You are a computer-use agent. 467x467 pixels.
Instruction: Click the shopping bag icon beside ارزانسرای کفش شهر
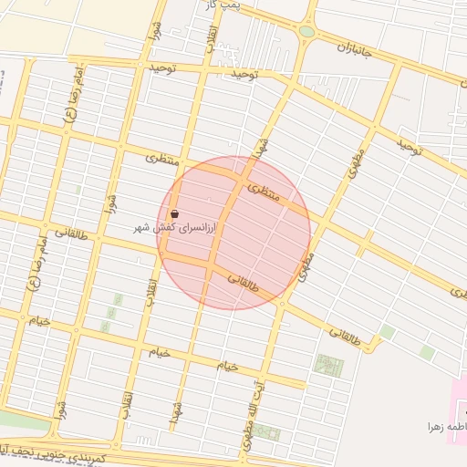coord(174,214)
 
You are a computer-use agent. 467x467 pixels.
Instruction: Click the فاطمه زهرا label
coord(447,426)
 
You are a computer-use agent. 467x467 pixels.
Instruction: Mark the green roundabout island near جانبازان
coord(306,32)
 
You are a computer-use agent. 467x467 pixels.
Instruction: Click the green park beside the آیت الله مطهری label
coord(266,431)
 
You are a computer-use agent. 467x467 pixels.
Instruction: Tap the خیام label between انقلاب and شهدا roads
coord(160,352)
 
